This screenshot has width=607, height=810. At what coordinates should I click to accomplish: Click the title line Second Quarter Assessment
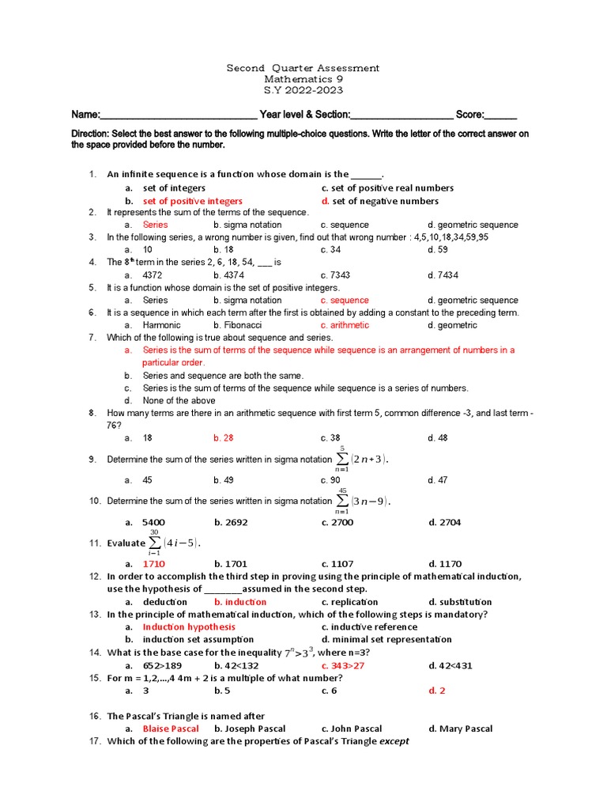pos(303,68)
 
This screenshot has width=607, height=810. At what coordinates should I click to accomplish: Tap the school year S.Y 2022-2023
pos(303,90)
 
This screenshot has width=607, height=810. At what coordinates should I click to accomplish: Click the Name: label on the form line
pos(86,114)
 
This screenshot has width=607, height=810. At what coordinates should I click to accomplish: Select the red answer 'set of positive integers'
pos(192,201)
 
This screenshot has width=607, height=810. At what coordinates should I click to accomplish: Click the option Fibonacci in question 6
pos(237,325)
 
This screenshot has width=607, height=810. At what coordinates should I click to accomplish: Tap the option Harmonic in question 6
pos(161,325)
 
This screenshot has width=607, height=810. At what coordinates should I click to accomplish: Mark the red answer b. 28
pos(224,437)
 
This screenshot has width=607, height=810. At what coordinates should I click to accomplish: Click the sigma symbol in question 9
pos(341,460)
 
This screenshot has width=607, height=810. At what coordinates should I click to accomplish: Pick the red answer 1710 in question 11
pos(153,564)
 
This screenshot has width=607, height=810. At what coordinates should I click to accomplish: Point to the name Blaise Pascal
pos(170,729)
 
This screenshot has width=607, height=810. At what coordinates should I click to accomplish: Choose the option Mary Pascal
pos(460,729)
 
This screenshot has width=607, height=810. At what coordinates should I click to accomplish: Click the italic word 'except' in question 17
pos(394,741)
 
